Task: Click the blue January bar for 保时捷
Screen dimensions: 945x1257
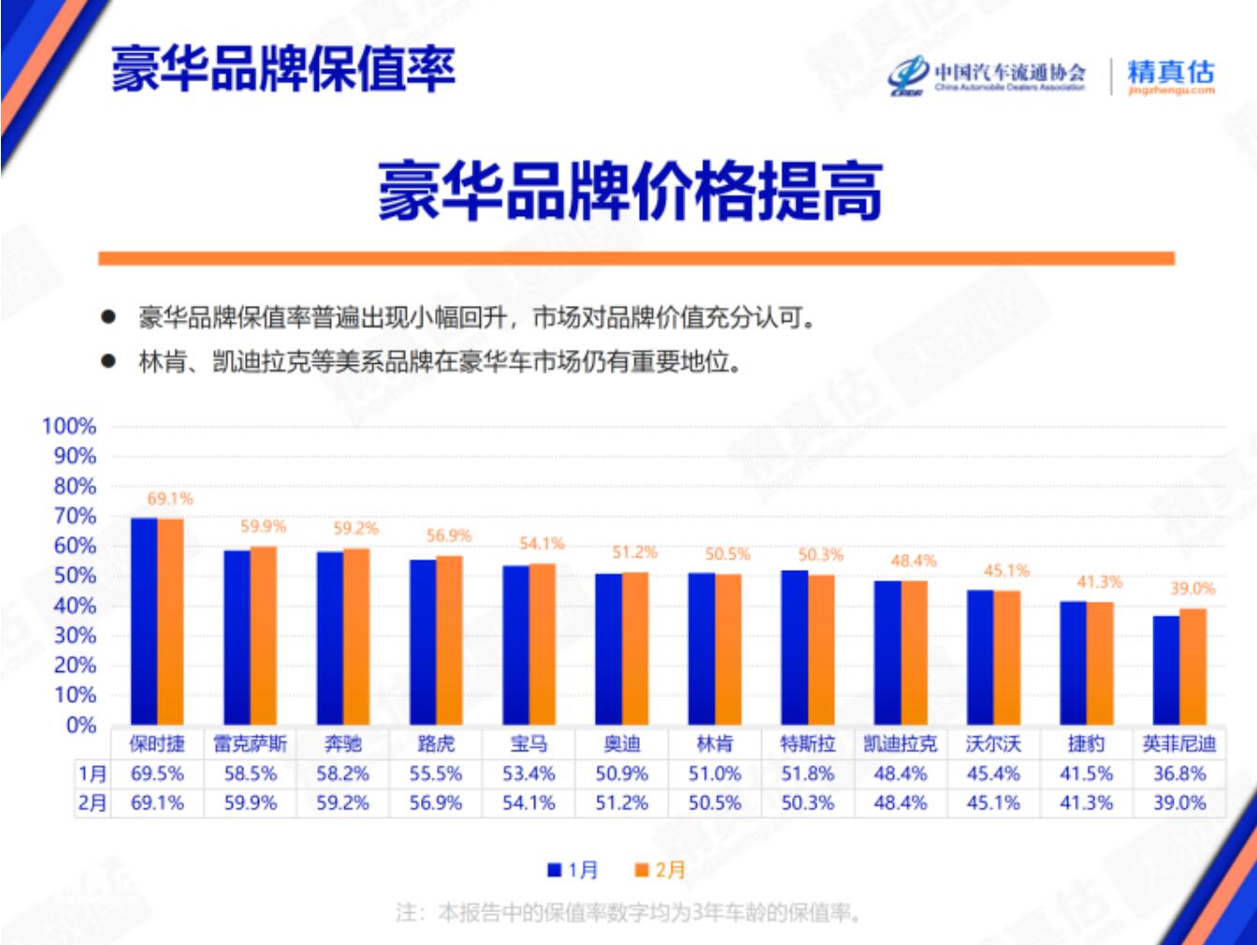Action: coord(143,621)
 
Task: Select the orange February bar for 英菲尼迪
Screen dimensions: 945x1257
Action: coord(1192,667)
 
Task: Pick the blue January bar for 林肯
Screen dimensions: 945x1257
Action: coord(701,649)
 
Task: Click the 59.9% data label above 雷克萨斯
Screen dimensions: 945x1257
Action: coord(263,527)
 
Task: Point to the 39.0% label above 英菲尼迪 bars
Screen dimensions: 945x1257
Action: coord(1192,589)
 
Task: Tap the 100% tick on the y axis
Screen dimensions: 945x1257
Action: coord(69,427)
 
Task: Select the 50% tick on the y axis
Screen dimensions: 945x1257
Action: coord(74,576)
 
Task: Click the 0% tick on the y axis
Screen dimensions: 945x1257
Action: coord(80,725)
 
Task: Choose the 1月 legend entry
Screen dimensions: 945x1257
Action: coord(573,870)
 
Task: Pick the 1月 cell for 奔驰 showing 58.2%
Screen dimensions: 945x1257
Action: coord(342,774)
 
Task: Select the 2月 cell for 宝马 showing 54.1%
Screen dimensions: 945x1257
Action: coord(528,803)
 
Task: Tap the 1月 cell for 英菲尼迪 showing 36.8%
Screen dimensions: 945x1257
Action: coord(1178,774)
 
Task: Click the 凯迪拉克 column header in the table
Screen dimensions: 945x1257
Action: coord(900,744)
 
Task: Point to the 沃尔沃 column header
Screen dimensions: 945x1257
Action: coord(992,744)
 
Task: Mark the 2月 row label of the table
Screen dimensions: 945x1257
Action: coord(92,803)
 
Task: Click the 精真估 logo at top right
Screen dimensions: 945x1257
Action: coord(1170,76)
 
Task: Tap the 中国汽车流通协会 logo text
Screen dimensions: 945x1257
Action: coord(1009,73)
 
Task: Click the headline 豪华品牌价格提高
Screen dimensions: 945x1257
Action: coord(629,191)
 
